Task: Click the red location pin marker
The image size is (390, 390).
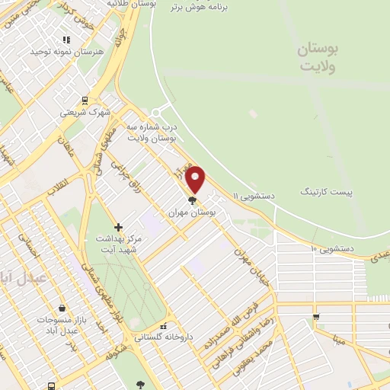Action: point(196,179)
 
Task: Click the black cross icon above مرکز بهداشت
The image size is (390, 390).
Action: point(118,227)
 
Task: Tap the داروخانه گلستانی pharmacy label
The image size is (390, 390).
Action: point(164,337)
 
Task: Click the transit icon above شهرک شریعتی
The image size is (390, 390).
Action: point(85,100)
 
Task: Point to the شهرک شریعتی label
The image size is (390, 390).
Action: point(85,112)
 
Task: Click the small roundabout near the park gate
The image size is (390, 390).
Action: point(158,112)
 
